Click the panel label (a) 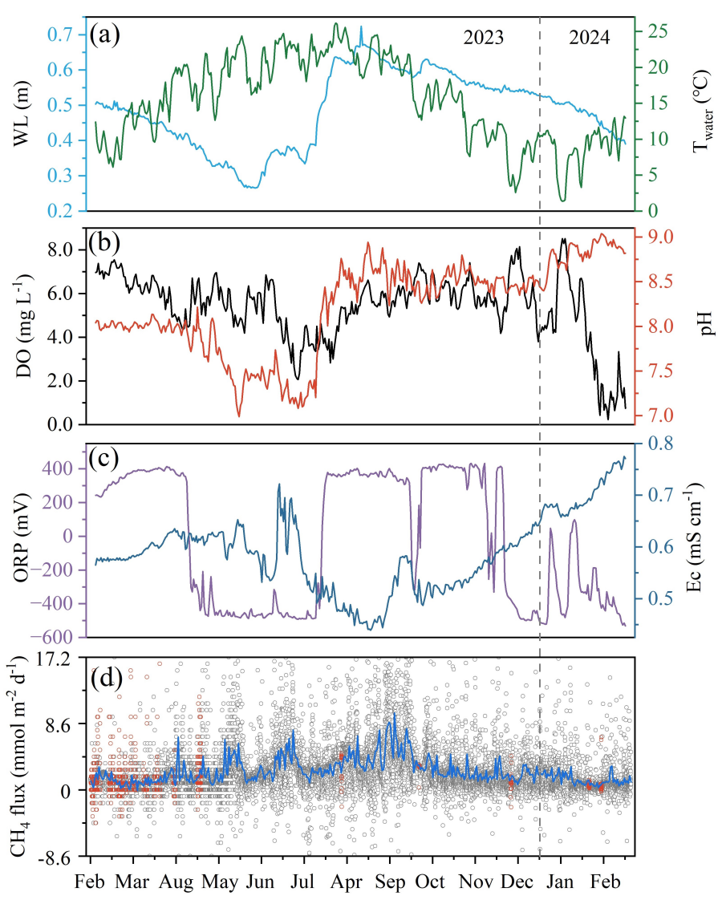tap(106, 35)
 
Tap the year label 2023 tap(485, 38)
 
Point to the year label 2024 tap(590, 38)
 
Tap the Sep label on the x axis tap(390, 882)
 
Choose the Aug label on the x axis tap(176, 882)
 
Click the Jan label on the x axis tap(561, 882)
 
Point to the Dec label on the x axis tap(517, 882)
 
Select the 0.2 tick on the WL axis tap(62, 211)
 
